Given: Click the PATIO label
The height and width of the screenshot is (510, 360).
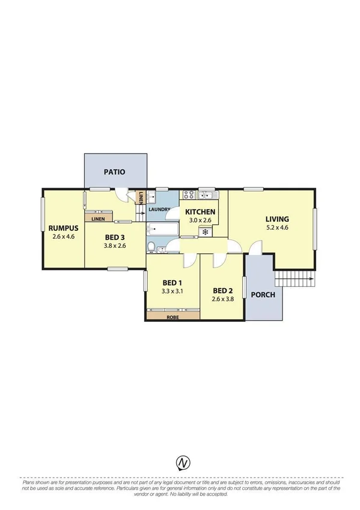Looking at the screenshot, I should point(114,172).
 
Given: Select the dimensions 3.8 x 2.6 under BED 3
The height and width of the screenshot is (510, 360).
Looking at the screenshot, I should point(114,245).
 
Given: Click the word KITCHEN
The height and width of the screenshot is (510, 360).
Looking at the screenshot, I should point(200,212).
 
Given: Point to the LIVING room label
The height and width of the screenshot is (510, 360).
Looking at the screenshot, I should point(277,219).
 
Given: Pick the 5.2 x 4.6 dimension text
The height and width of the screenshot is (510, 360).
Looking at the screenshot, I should point(277,228).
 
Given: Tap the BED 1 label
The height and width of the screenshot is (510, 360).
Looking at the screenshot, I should point(172,283).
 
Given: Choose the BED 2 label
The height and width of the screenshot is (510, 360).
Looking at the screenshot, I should point(222,289).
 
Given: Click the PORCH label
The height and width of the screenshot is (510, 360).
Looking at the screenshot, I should point(263,295).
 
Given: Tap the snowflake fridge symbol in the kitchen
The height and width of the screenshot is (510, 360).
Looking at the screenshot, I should point(206,232).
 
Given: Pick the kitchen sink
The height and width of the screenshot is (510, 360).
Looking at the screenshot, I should point(208,194).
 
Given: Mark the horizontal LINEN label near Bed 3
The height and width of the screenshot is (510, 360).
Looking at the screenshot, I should point(99,219).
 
